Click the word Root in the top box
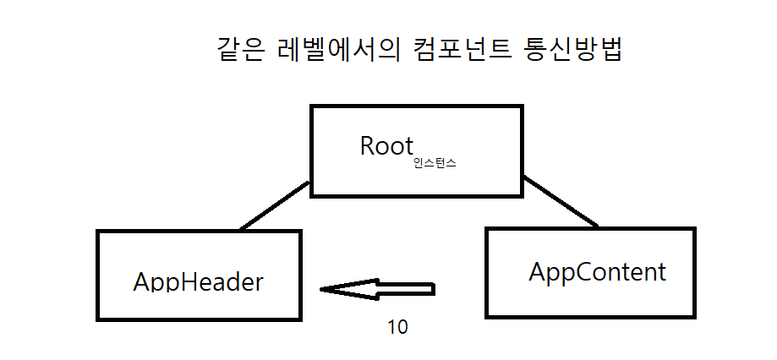pyautogui.click(x=386, y=145)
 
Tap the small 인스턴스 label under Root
pyautogui.click(x=435, y=163)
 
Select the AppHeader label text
pyautogui.click(x=198, y=281)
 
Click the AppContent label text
pyautogui.click(x=597, y=272)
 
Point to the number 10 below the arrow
pyautogui.click(x=397, y=327)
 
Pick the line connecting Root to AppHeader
pyautogui.click(x=274, y=205)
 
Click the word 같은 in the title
pyautogui.click(x=241, y=51)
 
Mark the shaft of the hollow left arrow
pyautogui.click(x=406, y=289)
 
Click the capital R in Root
pyautogui.click(x=368, y=145)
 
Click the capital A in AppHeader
pyautogui.click(x=142, y=281)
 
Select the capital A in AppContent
pyautogui.click(x=538, y=272)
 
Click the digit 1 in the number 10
pyautogui.click(x=391, y=327)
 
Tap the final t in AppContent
pyautogui.click(x=661, y=272)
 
